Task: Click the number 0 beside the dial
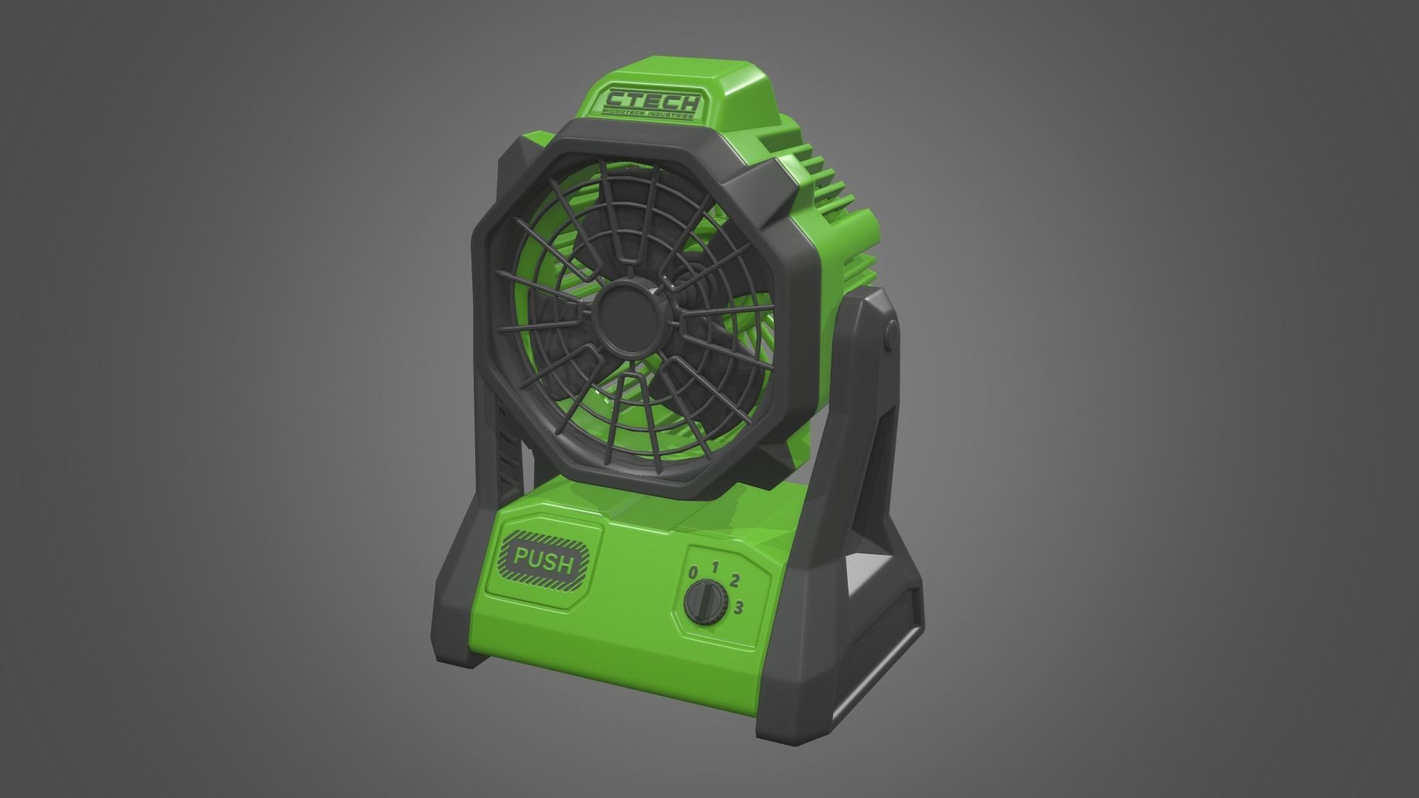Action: (x=693, y=573)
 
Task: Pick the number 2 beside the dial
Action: (x=735, y=580)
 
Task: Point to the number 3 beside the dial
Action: (x=738, y=607)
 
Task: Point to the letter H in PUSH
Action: (x=566, y=565)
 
